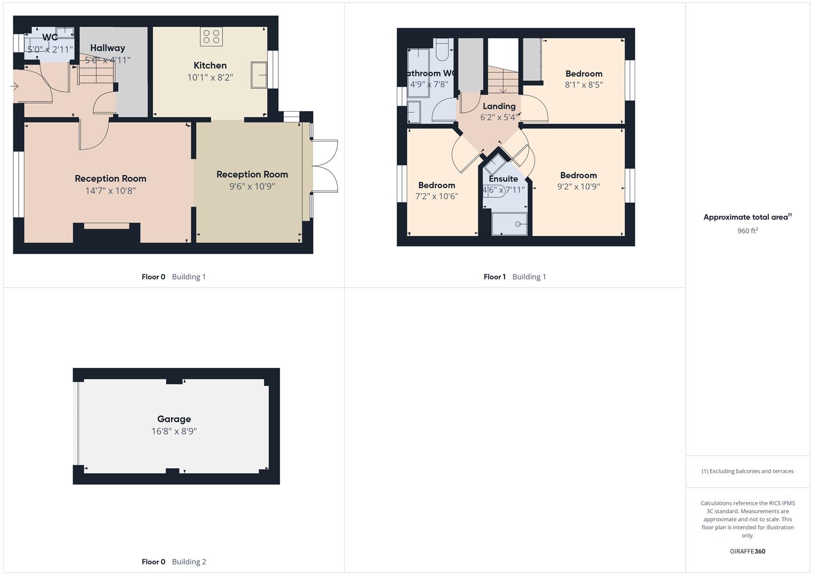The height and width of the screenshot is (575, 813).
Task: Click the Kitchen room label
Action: (x=210, y=65)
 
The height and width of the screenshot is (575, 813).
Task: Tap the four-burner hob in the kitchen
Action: (x=211, y=37)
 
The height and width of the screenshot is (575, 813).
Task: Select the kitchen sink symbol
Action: (x=259, y=75)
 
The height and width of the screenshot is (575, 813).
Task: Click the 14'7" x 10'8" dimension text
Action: (x=110, y=191)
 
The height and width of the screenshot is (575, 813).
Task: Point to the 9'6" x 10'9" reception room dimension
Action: (x=252, y=186)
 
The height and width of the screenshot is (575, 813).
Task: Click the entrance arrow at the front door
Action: (x=14, y=86)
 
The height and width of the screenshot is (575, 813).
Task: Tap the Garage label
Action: (x=174, y=419)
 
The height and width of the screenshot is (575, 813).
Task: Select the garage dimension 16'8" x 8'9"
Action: (x=174, y=431)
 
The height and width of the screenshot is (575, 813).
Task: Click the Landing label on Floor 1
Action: (x=499, y=106)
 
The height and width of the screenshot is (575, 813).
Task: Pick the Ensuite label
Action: (x=503, y=179)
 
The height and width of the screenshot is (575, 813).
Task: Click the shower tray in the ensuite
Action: (x=510, y=224)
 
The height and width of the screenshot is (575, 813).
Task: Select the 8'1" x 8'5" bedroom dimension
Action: (x=584, y=85)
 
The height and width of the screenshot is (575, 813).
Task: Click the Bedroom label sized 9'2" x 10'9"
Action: (x=578, y=175)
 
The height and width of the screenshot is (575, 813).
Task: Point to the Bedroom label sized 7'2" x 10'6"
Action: (x=437, y=185)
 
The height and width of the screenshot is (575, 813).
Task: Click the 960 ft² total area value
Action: (x=747, y=231)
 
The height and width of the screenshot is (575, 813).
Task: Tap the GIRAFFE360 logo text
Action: (x=747, y=552)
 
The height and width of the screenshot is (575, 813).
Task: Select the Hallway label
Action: (x=108, y=48)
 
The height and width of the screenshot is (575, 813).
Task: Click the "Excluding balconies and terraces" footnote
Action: (x=747, y=471)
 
